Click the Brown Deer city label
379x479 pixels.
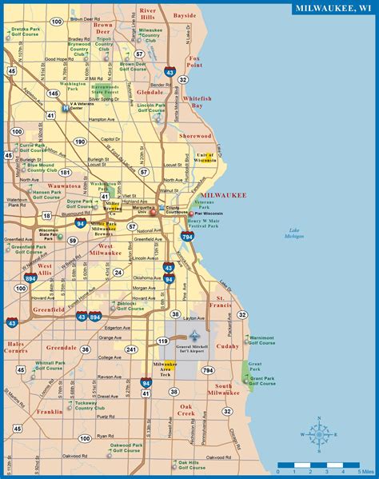tap(103, 29)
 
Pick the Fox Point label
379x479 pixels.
tap(195, 62)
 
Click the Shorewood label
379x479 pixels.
tap(195, 136)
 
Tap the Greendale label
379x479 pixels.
tap(62, 348)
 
